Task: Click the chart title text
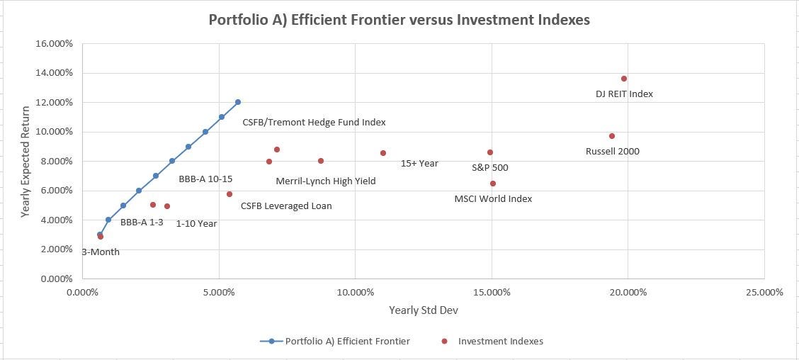tap(399, 20)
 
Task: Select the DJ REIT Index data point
tap(624, 79)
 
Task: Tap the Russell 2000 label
tap(612, 151)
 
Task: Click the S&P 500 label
tap(489, 168)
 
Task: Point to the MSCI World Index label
tap(493, 199)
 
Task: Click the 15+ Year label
tap(419, 164)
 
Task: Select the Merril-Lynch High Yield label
tap(326, 181)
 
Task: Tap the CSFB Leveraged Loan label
tap(286, 206)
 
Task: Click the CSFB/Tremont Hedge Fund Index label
tap(314, 123)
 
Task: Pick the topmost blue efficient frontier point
tap(238, 102)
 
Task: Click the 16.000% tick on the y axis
tap(55, 44)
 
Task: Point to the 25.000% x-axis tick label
tap(764, 292)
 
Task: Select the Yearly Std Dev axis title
tap(423, 310)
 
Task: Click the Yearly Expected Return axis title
tap(26, 162)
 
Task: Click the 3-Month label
tap(101, 252)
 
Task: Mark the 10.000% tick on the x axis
tap(355, 292)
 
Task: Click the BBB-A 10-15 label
tap(205, 179)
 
